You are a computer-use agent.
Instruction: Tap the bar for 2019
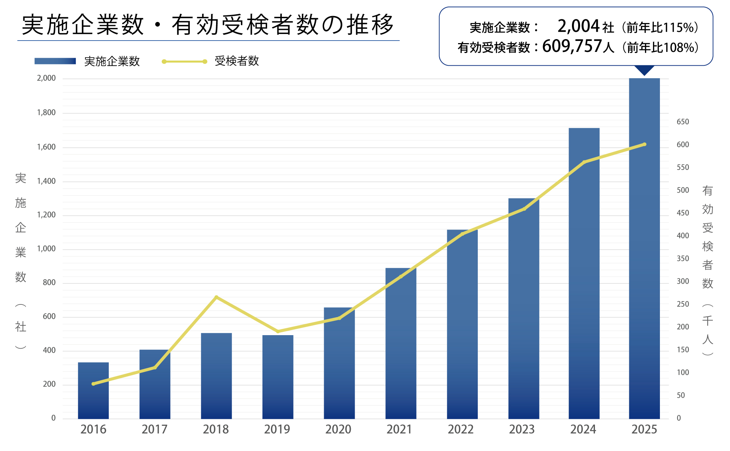click(278, 377)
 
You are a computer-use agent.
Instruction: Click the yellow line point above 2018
click(216, 297)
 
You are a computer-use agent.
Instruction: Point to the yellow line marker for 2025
click(645, 144)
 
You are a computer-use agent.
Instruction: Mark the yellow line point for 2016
click(93, 384)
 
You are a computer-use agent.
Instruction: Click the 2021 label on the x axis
click(399, 429)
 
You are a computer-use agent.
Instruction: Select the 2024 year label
click(583, 429)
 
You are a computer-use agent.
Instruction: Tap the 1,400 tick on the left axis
click(46, 181)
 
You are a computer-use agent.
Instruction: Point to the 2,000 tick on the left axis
click(46, 78)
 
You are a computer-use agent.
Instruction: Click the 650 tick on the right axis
click(683, 122)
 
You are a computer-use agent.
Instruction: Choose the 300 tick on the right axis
click(683, 281)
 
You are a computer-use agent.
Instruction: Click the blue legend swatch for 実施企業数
click(55, 61)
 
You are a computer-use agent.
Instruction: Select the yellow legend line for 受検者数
click(184, 61)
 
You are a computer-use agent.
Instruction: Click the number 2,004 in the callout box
click(579, 26)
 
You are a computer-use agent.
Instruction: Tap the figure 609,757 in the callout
click(572, 46)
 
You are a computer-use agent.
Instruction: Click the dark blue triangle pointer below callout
click(644, 70)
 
